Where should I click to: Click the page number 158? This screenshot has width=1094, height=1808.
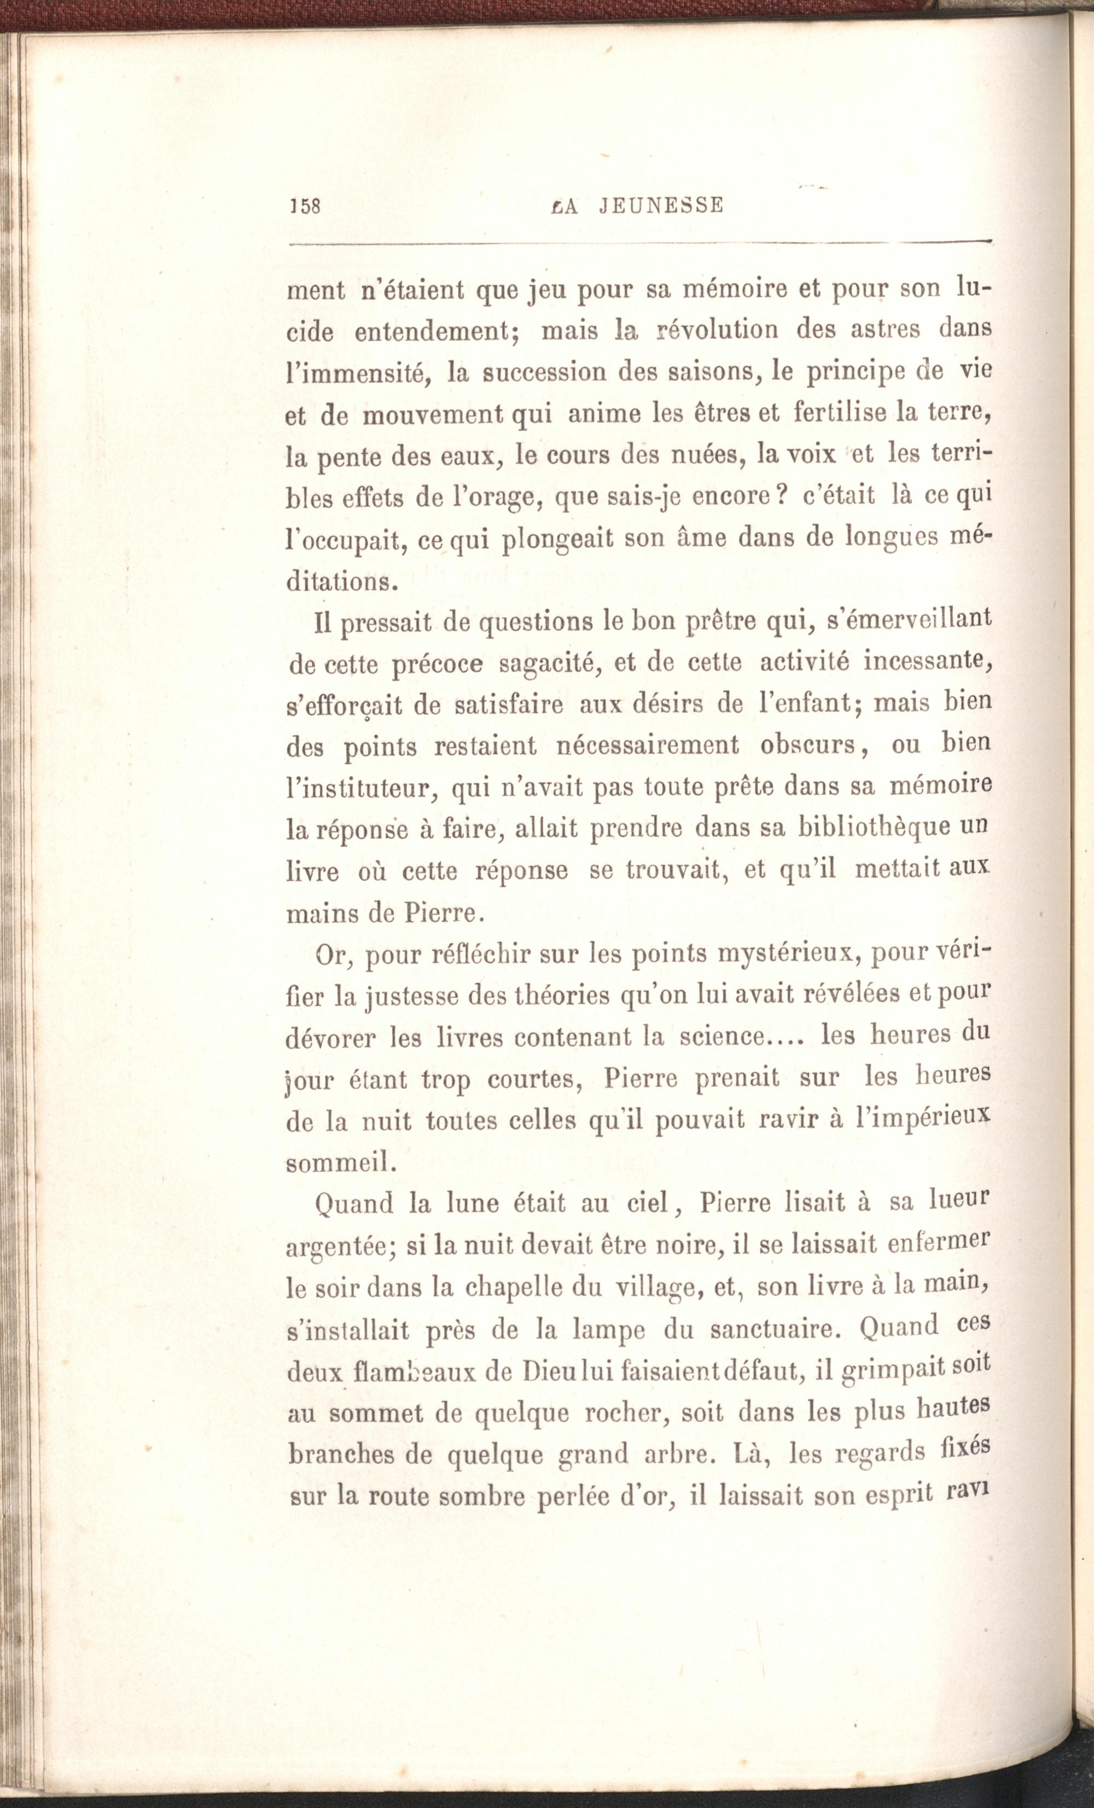coord(305,206)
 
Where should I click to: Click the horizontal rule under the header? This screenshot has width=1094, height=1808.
coord(639,243)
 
